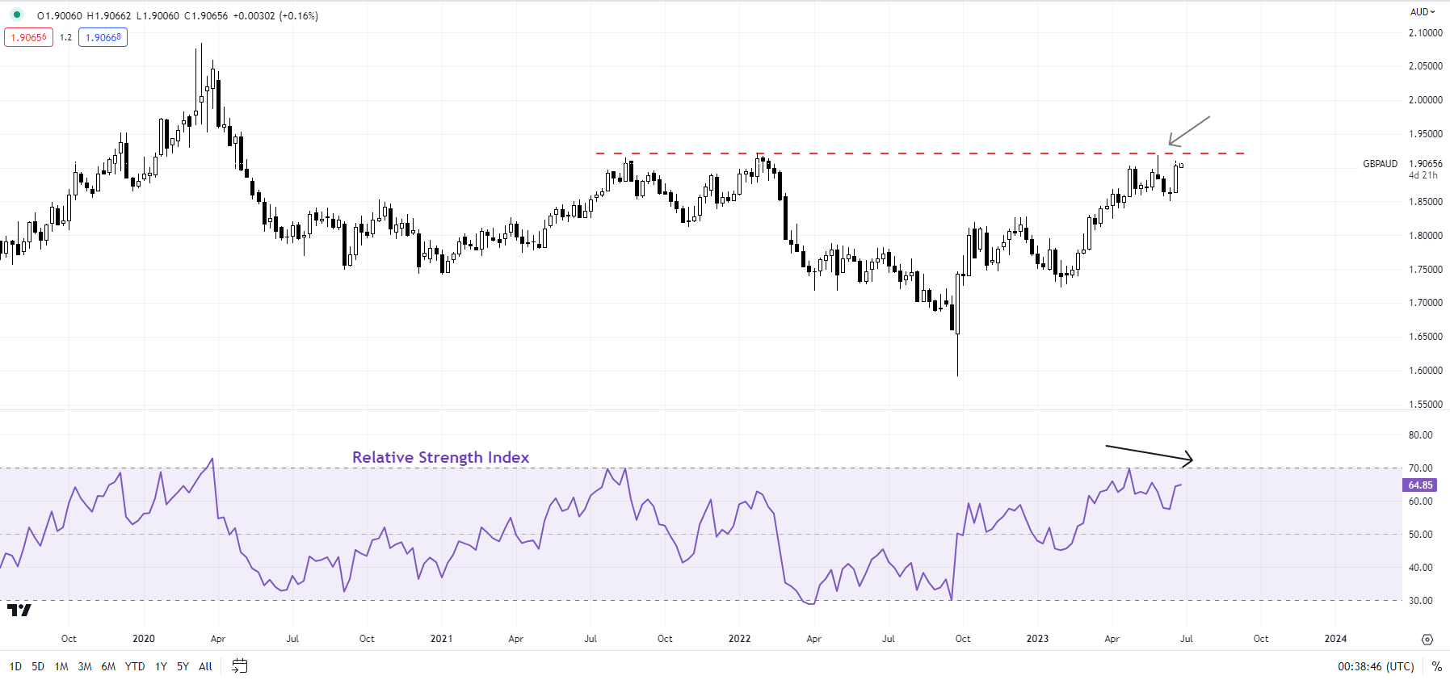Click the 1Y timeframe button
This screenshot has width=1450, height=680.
[161, 666]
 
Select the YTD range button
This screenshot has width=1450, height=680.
[135, 666]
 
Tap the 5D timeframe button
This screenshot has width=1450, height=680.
[38, 666]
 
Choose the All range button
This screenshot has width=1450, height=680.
[205, 666]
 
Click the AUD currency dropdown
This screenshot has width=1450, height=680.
[1423, 12]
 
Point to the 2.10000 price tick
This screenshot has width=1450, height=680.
[1425, 33]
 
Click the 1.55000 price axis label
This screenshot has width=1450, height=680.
[1425, 405]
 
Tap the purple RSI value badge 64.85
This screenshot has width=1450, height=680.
[1420, 485]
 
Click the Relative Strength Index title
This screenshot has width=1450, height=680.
[440, 457]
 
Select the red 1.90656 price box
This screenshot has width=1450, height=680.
[28, 37]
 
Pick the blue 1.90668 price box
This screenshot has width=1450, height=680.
[103, 37]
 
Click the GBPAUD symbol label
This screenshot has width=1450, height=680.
[1380, 164]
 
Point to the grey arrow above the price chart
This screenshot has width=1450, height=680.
[1189, 131]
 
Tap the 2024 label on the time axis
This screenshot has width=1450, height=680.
[1335, 639]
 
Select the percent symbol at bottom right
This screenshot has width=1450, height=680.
[1436, 666]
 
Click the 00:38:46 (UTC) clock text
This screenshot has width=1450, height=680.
[1376, 666]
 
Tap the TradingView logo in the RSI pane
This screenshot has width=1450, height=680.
[19, 611]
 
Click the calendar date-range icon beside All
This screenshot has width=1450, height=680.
[239, 666]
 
